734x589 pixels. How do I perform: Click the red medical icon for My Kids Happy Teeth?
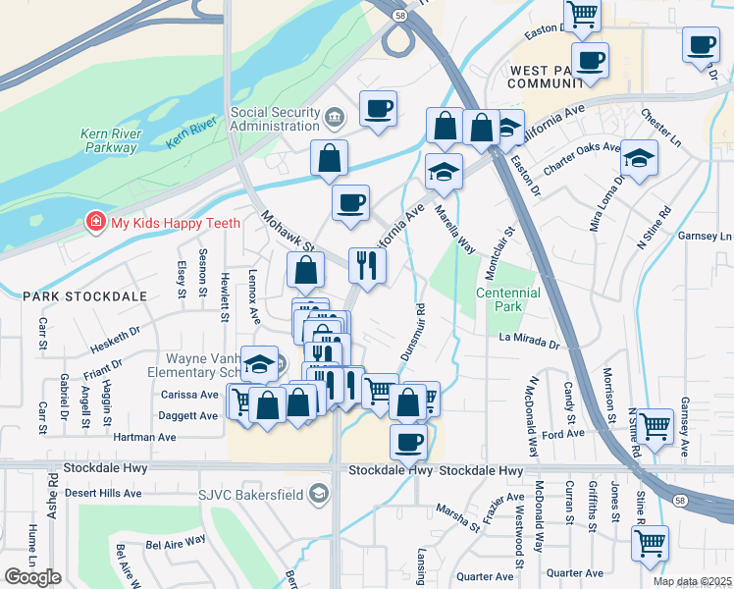pyautogui.click(x=95, y=223)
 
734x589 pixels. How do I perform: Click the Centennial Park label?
pyautogui.click(x=507, y=299)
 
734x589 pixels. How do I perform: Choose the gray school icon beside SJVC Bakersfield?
pyautogui.click(x=317, y=495)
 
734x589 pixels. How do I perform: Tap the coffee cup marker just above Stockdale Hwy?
pyautogui.click(x=409, y=441)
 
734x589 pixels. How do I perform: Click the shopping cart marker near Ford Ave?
pyautogui.click(x=655, y=425)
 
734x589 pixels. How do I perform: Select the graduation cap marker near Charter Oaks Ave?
pyautogui.click(x=639, y=159)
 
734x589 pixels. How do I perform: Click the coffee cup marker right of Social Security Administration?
pyautogui.click(x=378, y=108)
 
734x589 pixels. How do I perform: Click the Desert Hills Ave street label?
pyautogui.click(x=103, y=493)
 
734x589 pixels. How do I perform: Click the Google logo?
pyautogui.click(x=32, y=576)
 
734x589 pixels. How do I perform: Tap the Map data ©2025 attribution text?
pyautogui.click(x=693, y=582)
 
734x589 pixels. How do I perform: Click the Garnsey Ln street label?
pyautogui.click(x=711, y=237)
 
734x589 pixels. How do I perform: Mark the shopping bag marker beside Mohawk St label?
pyautogui.click(x=306, y=269)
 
